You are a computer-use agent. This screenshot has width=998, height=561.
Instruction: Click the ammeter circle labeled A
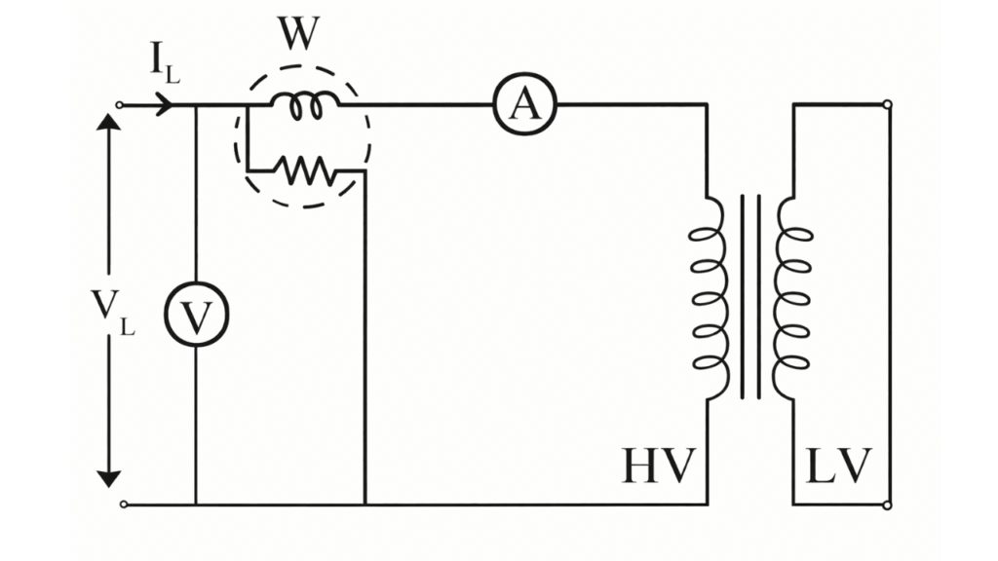(525, 104)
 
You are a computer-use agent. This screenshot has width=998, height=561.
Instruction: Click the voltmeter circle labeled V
(196, 318)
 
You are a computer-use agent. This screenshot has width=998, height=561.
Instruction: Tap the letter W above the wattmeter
(297, 36)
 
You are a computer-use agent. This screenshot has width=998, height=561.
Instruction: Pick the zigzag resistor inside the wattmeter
(305, 171)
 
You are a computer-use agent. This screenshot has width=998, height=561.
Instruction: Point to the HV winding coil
(710, 297)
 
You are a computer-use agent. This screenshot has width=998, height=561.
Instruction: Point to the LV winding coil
(790, 297)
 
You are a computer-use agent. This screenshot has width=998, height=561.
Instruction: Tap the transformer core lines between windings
(750, 297)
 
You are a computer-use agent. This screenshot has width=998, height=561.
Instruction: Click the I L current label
(164, 61)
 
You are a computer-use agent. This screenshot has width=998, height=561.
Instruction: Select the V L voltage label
(114, 313)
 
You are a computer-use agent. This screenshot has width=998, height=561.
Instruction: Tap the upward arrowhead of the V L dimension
(109, 128)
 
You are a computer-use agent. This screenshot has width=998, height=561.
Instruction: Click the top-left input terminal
(121, 104)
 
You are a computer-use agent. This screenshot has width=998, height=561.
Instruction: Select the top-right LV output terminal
(886, 104)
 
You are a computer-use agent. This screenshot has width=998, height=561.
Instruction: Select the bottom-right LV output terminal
(886, 505)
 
